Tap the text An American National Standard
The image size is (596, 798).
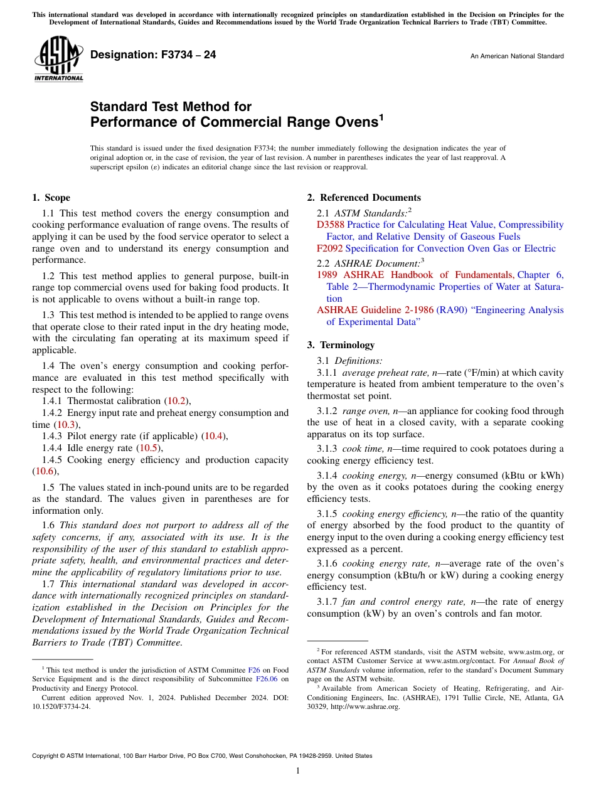coord(516,56)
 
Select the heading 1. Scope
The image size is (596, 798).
coord(51,198)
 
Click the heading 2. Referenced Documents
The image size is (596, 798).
coord(364,198)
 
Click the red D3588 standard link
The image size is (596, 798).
coord(330,225)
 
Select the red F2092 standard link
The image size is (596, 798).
coord(329,248)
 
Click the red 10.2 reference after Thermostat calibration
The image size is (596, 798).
coord(175,401)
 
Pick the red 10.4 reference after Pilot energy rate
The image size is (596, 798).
coord(212,436)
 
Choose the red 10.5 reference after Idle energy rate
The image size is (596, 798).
coord(147,448)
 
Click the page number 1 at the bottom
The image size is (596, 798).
coord(298,771)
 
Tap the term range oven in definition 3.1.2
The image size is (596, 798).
coord(365,411)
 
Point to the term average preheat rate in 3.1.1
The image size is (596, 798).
coord(385,373)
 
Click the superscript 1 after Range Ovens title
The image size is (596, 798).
coord(381,117)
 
